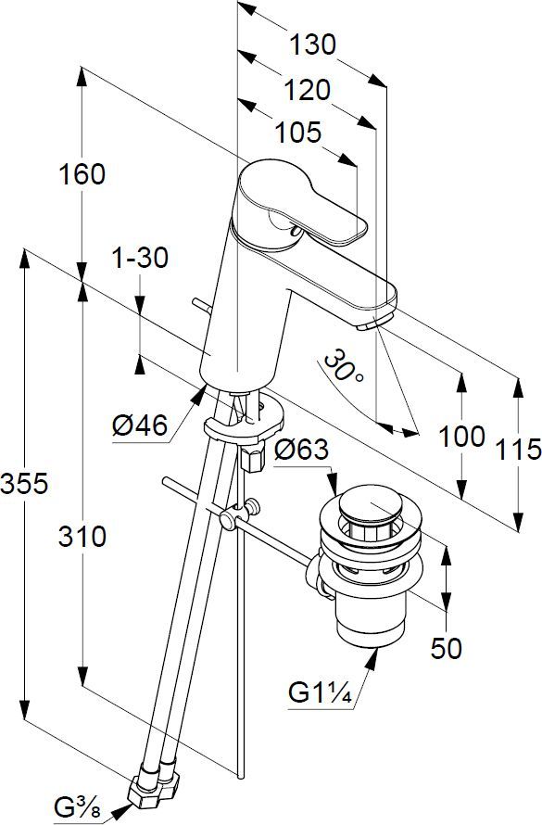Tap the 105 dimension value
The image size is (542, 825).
click(296, 133)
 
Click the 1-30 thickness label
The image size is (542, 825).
click(139, 259)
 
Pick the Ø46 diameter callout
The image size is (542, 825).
click(139, 426)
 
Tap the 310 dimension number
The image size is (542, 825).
click(82, 535)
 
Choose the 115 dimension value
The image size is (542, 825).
click(517, 451)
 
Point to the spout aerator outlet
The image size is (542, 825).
click(369, 325)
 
